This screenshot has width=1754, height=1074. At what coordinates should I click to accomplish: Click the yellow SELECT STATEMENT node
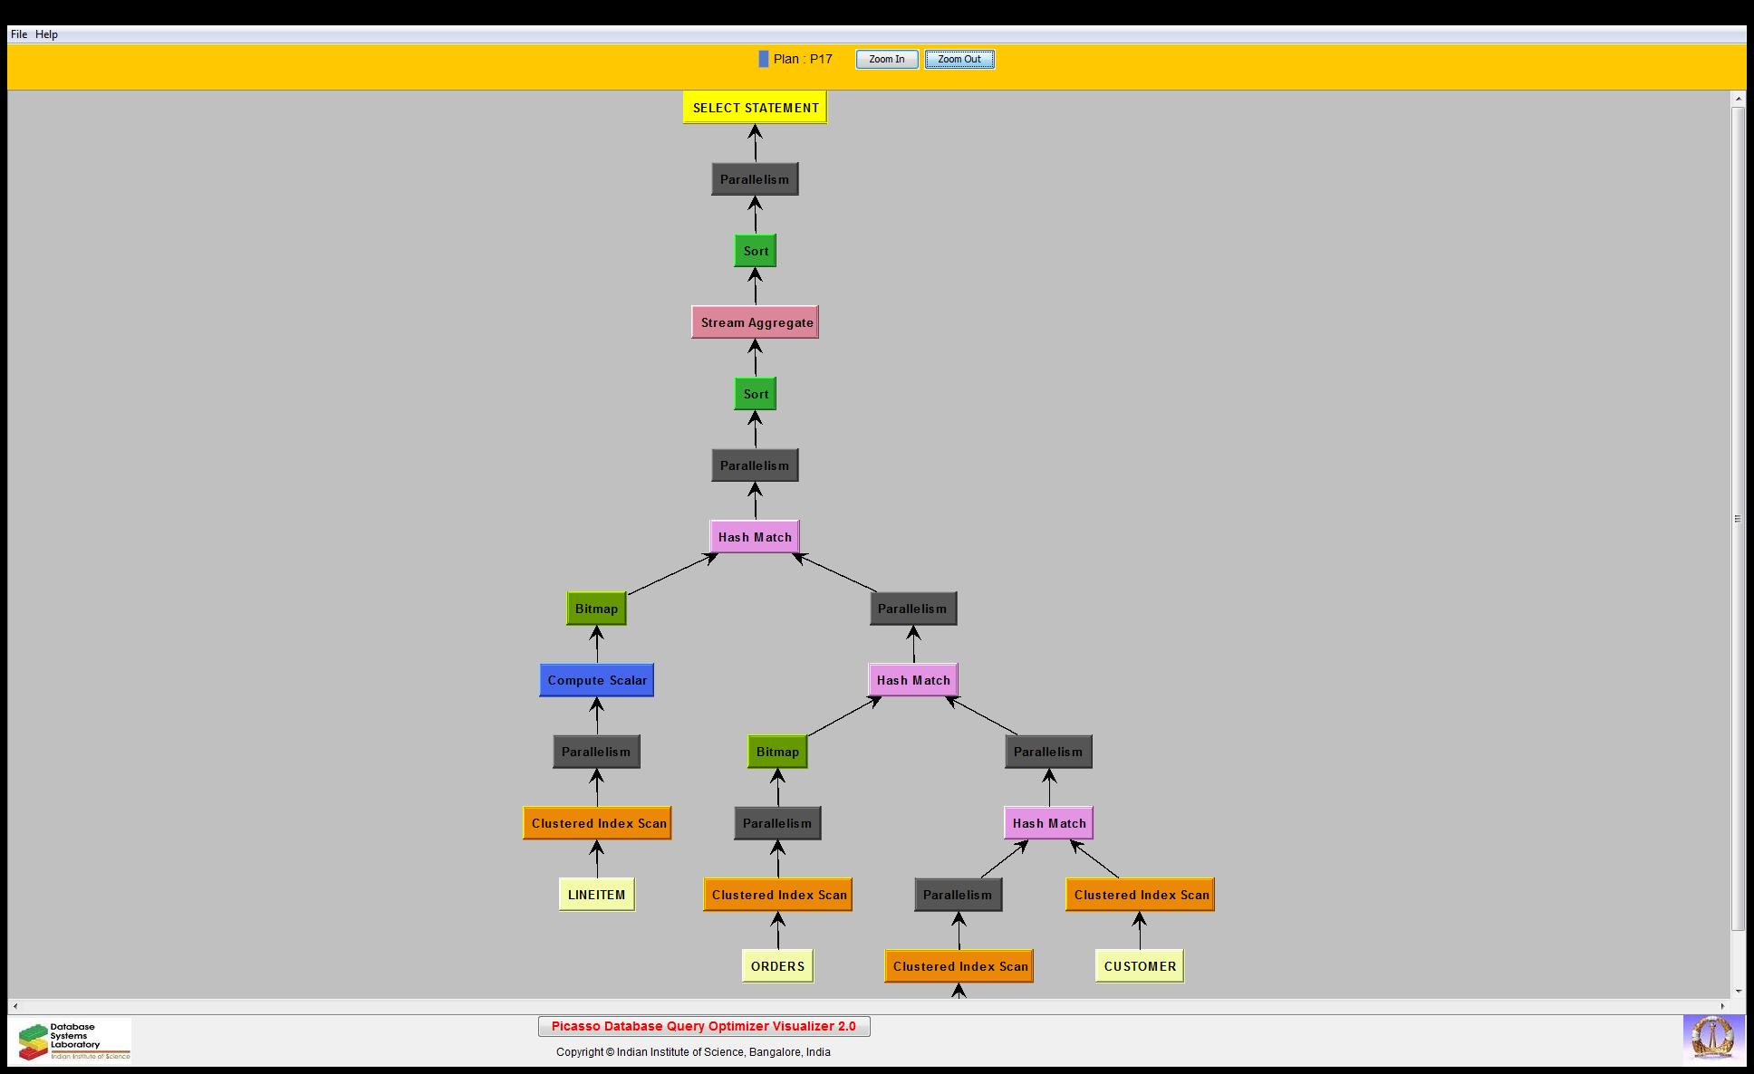(x=755, y=108)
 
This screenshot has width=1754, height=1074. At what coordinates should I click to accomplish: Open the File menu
(x=19, y=34)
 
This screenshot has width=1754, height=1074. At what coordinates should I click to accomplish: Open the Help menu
(x=46, y=34)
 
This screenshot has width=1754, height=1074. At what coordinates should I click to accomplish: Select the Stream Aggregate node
(x=755, y=322)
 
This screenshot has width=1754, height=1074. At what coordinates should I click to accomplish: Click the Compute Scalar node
(x=596, y=680)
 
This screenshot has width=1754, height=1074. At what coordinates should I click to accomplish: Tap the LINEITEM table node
(x=596, y=895)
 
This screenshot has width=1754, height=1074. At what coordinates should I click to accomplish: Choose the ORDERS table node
(x=777, y=966)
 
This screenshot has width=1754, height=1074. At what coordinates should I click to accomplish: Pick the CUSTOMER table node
(x=1140, y=966)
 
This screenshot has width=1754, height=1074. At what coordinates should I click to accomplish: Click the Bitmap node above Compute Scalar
(x=596, y=609)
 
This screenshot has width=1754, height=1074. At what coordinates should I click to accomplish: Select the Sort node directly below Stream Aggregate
(x=755, y=394)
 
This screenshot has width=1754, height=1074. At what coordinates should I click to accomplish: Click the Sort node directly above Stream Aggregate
(x=755, y=251)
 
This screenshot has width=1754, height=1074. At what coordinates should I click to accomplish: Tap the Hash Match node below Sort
(x=755, y=537)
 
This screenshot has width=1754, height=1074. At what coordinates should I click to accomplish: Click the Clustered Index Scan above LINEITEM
(x=597, y=823)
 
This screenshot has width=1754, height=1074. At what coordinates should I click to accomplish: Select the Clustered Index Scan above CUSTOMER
(x=1140, y=895)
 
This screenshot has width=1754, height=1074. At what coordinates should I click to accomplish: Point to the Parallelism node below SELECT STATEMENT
(x=755, y=179)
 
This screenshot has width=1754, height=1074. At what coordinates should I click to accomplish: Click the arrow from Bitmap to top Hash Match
(x=671, y=574)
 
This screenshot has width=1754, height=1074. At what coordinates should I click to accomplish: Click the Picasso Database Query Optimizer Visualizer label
(x=704, y=1026)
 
